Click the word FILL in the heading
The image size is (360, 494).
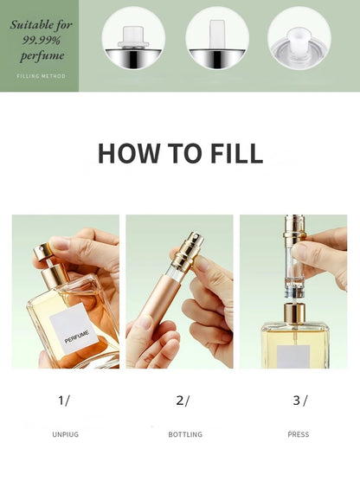pyautogui.click(x=233, y=153)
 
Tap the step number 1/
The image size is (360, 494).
pyautogui.click(x=64, y=400)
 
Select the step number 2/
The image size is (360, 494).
pyautogui.click(x=182, y=400)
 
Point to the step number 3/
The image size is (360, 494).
pyautogui.click(x=299, y=400)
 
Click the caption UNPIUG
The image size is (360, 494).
pyautogui.click(x=65, y=434)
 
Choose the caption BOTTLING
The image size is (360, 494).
pyautogui.click(x=185, y=434)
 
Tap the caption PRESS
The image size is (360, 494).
pyautogui.click(x=298, y=434)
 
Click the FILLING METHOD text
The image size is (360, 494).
pyautogui.click(x=40, y=76)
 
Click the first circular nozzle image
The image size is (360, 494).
pyautogui.click(x=134, y=38)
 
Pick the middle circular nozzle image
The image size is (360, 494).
pyautogui.click(x=217, y=38)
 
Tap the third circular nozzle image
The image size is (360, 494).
pyautogui.click(x=299, y=38)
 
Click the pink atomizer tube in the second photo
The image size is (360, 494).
pyautogui.click(x=157, y=298)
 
